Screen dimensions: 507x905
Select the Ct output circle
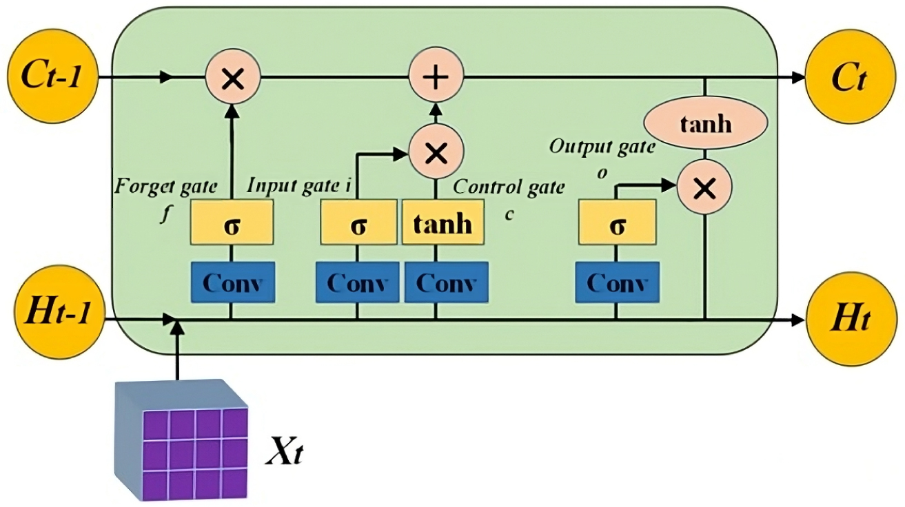[847, 77]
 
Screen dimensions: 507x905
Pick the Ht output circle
[847, 320]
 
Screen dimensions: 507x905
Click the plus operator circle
[436, 77]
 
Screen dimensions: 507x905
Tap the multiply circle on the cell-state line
[233, 77]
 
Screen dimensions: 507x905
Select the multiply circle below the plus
[436, 152]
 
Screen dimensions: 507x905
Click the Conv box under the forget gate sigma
[232, 282]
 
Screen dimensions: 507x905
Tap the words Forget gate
[165, 186]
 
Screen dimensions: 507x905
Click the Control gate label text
[509, 186]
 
